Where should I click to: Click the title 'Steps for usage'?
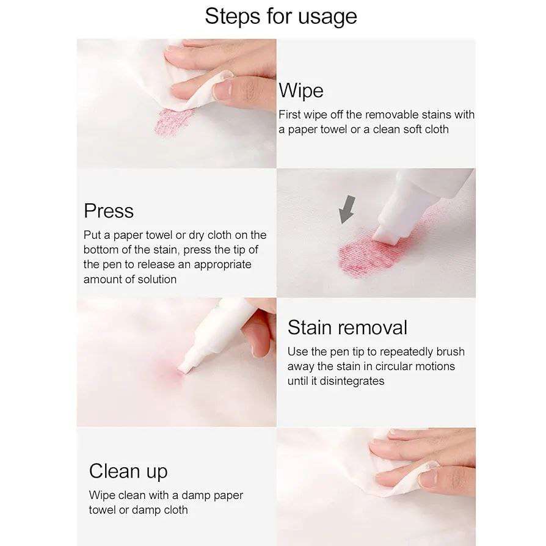[x=281, y=16]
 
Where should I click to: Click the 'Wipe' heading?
[x=301, y=91]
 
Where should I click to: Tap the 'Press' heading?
[x=109, y=211]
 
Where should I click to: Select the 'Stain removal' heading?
[x=347, y=327]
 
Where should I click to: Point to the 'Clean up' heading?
[x=128, y=471]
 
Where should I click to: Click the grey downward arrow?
[x=347, y=209]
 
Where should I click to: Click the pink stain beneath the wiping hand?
[x=173, y=122]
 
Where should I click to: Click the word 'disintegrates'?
[x=352, y=381]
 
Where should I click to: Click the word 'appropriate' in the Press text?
[x=222, y=265]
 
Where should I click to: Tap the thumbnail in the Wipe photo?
[x=223, y=89]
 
